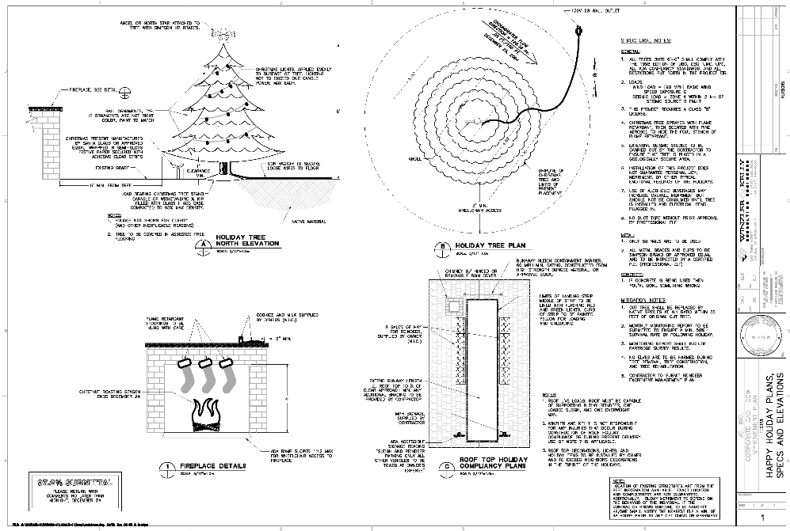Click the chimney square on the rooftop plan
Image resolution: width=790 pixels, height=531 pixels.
coord(455,307)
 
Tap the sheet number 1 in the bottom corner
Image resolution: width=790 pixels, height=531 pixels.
coord(761,518)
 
